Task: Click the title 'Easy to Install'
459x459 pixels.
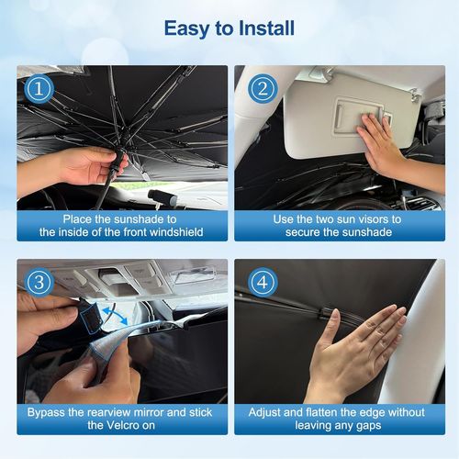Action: click(x=229, y=28)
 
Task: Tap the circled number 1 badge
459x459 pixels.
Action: click(x=38, y=88)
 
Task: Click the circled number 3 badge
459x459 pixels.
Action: click(x=39, y=283)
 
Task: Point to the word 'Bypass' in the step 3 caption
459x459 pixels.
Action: click(x=48, y=413)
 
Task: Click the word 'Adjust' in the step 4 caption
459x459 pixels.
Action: click(x=264, y=413)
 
